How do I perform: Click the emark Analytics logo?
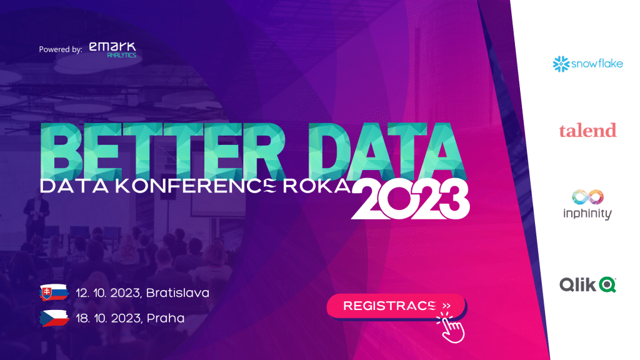(112, 50)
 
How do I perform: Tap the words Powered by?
(61, 49)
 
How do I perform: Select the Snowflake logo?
(587, 64)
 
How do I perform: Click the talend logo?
(587, 131)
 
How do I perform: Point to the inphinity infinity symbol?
(587, 197)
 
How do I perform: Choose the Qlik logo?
(587, 284)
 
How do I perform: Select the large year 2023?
(411, 199)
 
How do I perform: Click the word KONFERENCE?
(196, 186)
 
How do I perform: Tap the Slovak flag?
(54, 292)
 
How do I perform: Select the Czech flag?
(54, 318)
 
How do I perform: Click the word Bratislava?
(177, 292)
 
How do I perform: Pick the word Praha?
(165, 318)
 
